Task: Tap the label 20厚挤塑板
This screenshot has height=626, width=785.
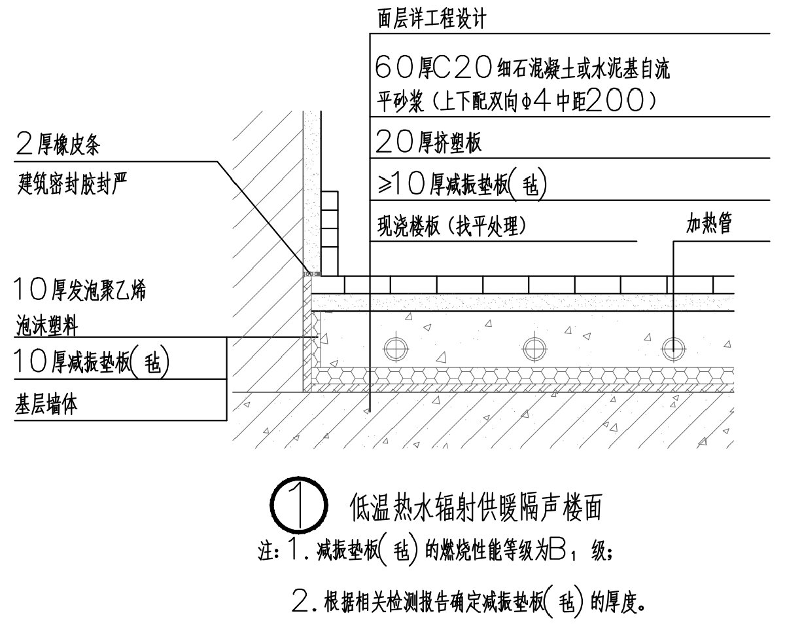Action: point(429,141)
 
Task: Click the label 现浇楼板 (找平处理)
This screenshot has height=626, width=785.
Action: point(452,227)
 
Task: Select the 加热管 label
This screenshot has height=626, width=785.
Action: point(708,225)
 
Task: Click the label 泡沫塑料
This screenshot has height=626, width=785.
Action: point(52,325)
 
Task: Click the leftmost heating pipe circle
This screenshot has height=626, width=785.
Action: point(396,347)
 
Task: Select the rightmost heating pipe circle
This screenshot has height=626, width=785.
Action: point(673,347)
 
